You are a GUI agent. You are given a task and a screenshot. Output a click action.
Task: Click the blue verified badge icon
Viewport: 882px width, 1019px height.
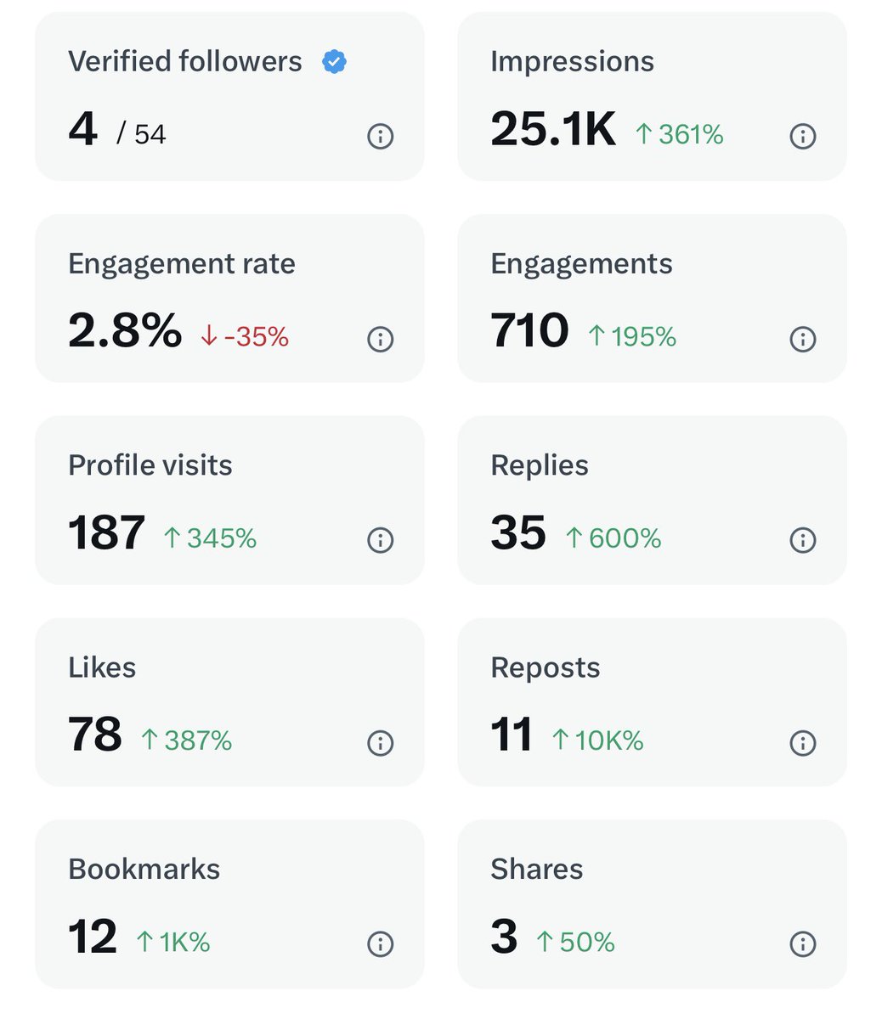coord(334,62)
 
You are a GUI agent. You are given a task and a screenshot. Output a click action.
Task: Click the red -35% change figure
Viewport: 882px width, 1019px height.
coord(245,337)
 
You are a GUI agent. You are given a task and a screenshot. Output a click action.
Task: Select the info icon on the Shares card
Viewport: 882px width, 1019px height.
coord(802,943)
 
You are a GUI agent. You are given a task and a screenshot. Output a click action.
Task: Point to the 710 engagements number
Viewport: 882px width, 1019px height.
coord(529,331)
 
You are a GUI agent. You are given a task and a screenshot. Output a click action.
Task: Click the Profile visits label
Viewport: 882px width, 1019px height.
coord(150,465)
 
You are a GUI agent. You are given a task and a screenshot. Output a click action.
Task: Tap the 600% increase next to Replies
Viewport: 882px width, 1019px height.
coord(613,538)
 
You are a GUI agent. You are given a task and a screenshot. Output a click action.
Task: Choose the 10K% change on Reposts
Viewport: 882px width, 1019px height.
coord(598,740)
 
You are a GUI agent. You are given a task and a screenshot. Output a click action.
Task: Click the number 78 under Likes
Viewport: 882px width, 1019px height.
coord(95,735)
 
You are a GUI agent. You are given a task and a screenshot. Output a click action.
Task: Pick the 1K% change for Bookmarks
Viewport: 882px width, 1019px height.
coord(173,942)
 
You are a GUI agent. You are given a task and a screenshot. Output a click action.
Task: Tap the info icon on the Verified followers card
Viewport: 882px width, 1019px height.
coord(380,136)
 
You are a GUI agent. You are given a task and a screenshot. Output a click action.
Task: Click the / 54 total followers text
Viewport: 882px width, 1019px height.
coord(141,134)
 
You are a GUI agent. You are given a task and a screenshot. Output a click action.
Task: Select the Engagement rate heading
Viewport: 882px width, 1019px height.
coord(182,264)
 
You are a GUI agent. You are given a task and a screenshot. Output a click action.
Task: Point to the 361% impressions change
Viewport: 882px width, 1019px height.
coord(680,134)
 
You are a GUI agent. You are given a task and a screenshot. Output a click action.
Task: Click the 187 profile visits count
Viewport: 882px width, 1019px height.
coord(106,533)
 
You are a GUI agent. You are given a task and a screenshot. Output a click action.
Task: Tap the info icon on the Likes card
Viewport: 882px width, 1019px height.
coord(380,743)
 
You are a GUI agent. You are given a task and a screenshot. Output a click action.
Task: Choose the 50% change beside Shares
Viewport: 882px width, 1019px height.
coord(576,942)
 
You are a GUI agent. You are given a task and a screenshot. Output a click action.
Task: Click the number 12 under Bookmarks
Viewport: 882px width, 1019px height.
coord(92,937)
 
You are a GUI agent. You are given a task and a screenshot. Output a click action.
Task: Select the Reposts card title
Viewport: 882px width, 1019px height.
coord(546,667)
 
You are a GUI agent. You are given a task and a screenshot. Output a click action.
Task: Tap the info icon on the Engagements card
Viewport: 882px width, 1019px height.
coord(802,339)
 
